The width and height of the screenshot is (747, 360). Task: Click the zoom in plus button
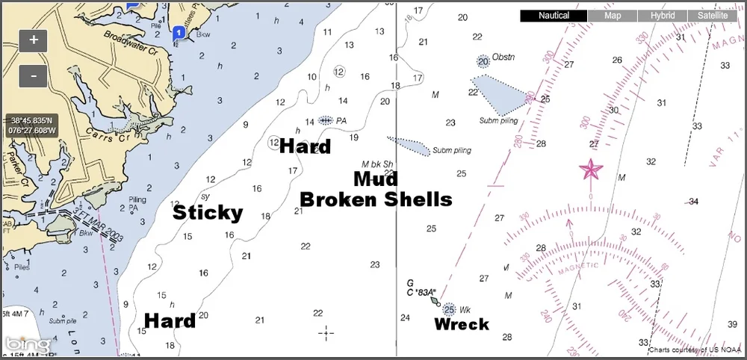pyautogui.click(x=34, y=39)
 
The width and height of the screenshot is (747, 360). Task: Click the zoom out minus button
pyautogui.click(x=34, y=75)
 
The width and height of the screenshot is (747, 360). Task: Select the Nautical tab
pyautogui.click(x=554, y=16)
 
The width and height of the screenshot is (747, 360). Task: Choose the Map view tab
pyautogui.click(x=613, y=16)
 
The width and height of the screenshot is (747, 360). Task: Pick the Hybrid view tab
pyautogui.click(x=663, y=16)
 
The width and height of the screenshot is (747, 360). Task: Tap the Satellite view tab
pyautogui.click(x=713, y=16)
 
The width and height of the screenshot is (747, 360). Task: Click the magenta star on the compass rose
pyautogui.click(x=591, y=170)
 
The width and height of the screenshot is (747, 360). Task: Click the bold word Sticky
pyautogui.click(x=208, y=213)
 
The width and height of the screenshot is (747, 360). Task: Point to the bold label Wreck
pyautogui.click(x=461, y=324)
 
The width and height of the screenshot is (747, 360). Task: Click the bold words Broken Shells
pyautogui.click(x=376, y=199)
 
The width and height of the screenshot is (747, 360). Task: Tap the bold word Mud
pyautogui.click(x=375, y=179)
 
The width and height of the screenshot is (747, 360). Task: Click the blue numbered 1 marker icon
pyautogui.click(x=179, y=34)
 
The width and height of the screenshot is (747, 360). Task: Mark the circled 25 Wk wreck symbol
pyautogui.click(x=449, y=309)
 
